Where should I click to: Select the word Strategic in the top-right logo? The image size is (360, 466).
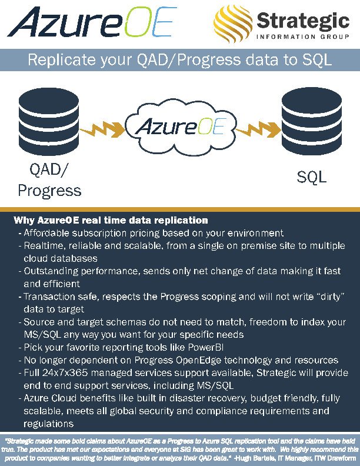pyautogui.click(x=302, y=20)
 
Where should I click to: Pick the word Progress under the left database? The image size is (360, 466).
pyautogui.click(x=49, y=191)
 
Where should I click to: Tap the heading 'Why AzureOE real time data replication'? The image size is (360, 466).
pyautogui.click(x=111, y=221)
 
